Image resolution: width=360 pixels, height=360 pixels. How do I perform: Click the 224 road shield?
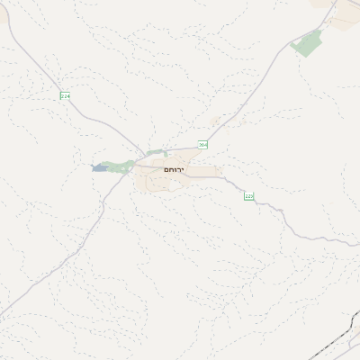pyautogui.click(x=65, y=95)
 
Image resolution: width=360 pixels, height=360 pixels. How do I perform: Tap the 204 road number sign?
pyautogui.click(x=203, y=144)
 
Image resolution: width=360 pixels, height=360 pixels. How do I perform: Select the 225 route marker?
pyautogui.click(x=249, y=196)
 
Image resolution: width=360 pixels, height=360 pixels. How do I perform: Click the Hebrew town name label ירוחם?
pyautogui.click(x=173, y=169)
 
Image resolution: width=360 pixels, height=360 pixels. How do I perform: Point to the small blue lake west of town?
pyautogui.click(x=98, y=167)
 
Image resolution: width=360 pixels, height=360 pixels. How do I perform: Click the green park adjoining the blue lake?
pyautogui.click(x=117, y=166)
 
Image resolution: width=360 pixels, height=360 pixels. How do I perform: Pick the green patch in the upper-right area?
pyautogui.click(x=309, y=42)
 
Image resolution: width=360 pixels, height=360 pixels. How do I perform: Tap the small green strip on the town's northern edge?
pyautogui.click(x=158, y=153)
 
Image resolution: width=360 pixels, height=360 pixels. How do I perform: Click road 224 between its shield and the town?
pyautogui.click(x=103, y=126)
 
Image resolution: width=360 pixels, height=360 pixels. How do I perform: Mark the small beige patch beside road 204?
pyautogui.click(x=215, y=121)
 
